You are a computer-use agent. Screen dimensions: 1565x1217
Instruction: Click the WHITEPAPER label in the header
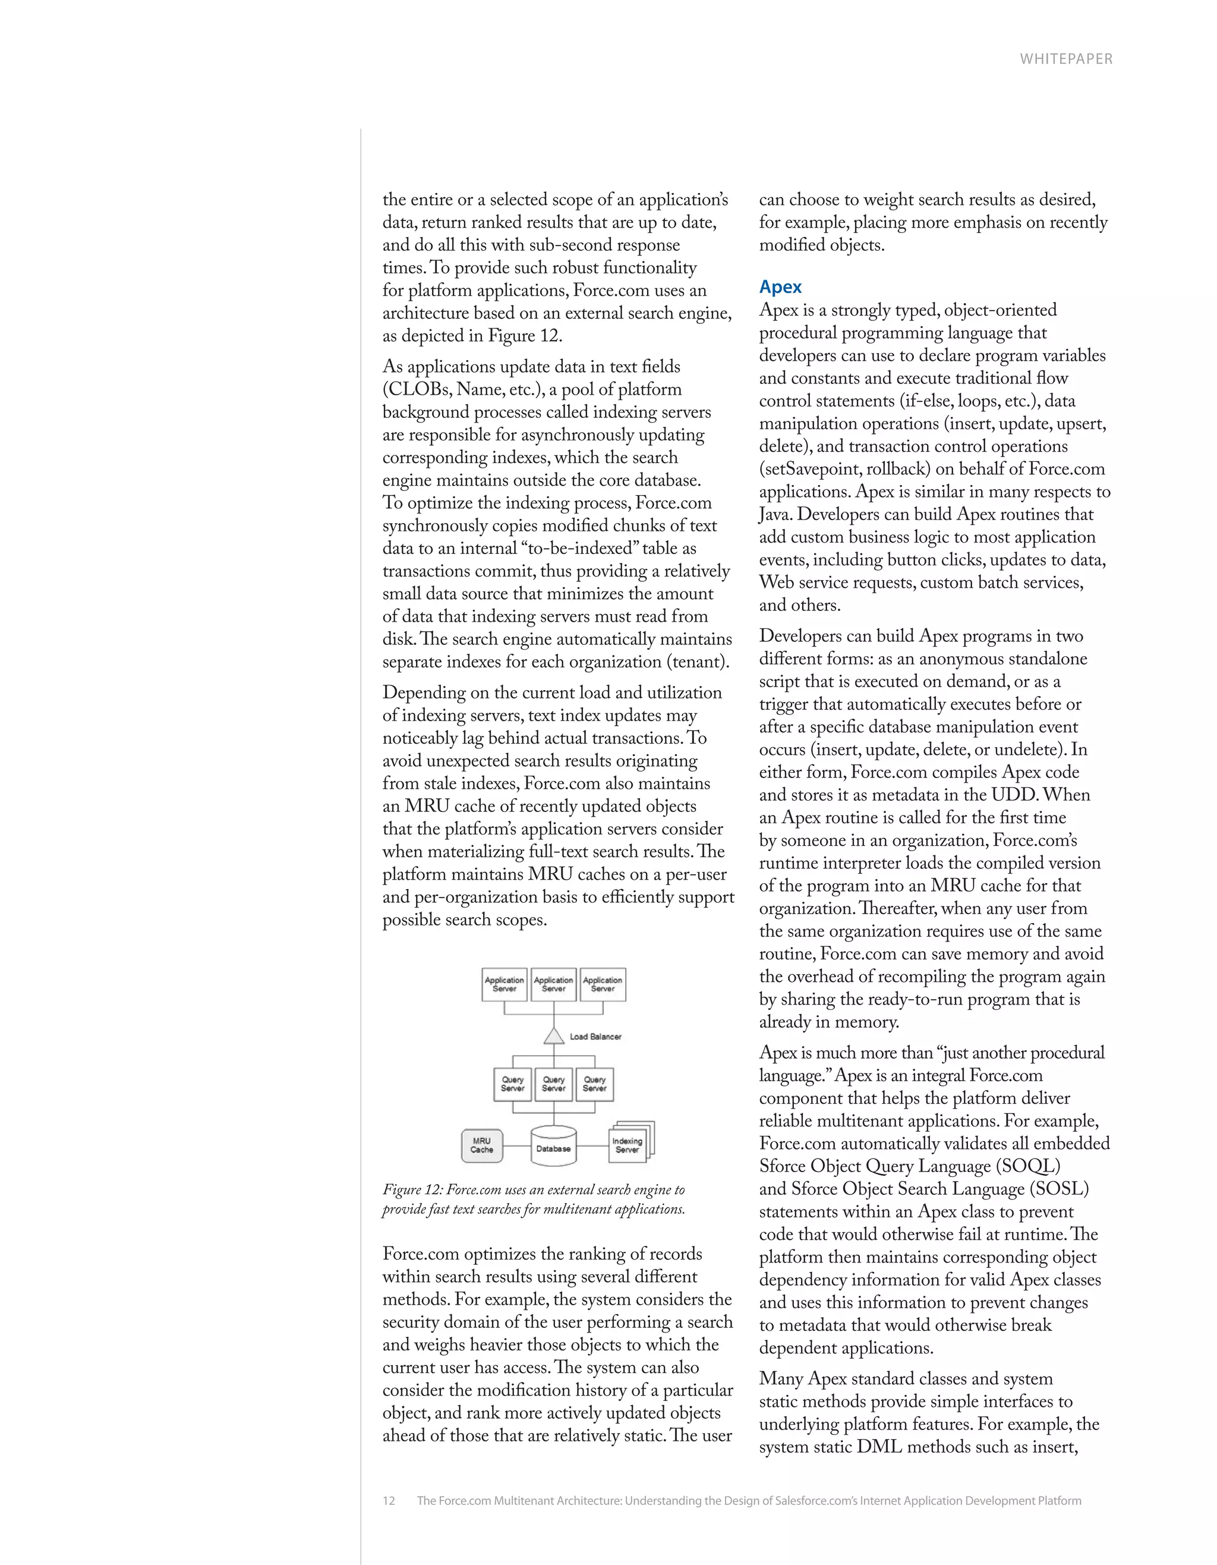[x=1066, y=59]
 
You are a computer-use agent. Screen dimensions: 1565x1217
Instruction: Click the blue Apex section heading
[x=780, y=286]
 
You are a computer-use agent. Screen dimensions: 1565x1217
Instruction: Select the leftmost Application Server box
[x=505, y=984]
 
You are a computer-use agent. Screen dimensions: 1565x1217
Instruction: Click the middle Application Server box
[x=554, y=984]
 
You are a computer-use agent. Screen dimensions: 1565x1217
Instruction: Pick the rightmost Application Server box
[x=603, y=984]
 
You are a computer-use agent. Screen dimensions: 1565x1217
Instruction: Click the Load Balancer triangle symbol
[x=554, y=1037]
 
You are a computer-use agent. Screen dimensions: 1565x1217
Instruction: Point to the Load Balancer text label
[x=595, y=1037]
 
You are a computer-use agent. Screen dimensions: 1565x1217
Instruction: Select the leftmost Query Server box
[x=512, y=1084]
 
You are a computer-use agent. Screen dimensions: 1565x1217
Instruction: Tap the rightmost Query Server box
[x=594, y=1084]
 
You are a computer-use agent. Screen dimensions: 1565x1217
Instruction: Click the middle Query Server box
[x=554, y=1084]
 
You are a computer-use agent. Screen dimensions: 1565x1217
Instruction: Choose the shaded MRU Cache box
[x=481, y=1145]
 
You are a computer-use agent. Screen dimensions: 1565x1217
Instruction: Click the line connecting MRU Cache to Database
[x=516, y=1145]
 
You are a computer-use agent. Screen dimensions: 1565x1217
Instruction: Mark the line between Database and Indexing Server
[x=592, y=1145]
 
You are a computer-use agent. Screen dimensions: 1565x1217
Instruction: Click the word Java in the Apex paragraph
[x=775, y=515]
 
